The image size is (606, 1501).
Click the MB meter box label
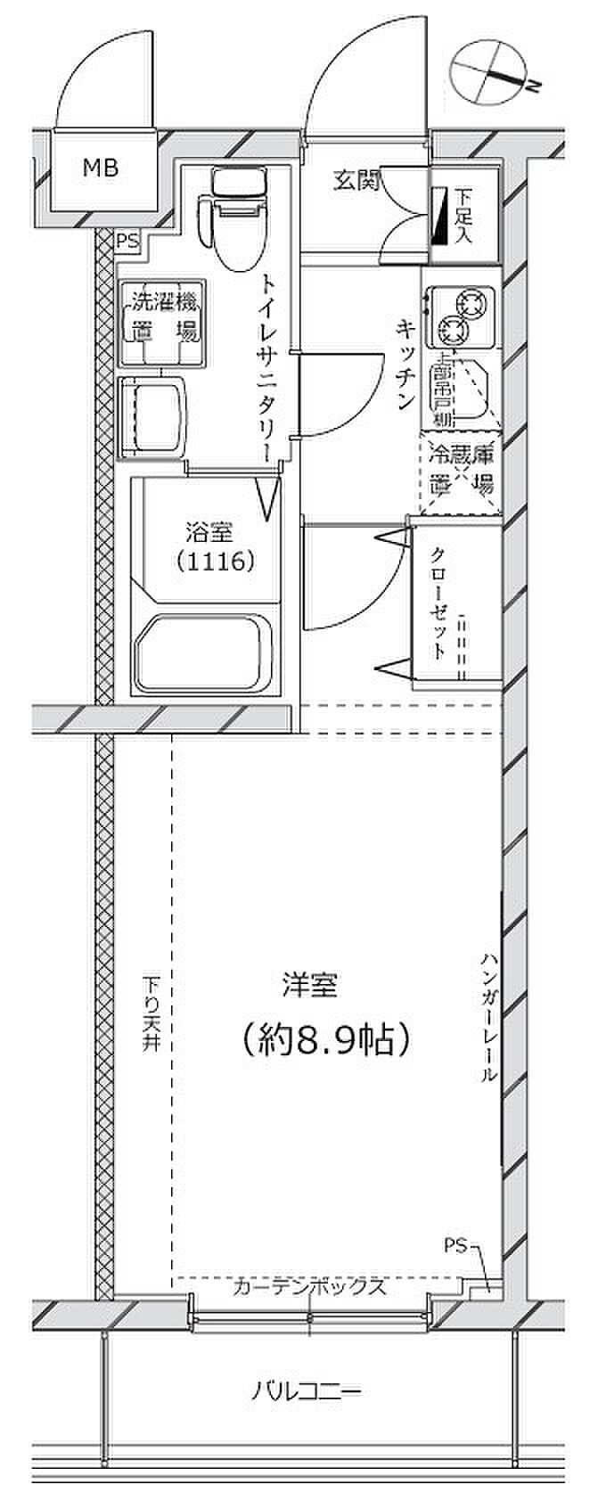(x=100, y=167)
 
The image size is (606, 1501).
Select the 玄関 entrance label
(x=356, y=182)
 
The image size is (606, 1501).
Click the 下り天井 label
(x=152, y=1016)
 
